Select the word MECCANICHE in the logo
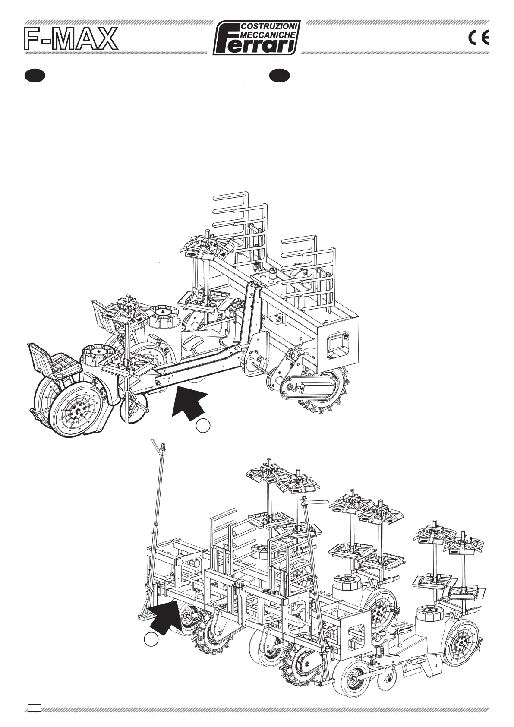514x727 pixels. [x=268, y=34]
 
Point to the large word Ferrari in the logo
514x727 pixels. [x=257, y=45]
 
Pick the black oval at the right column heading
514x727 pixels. [x=279, y=76]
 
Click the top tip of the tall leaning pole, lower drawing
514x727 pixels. [x=153, y=441]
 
